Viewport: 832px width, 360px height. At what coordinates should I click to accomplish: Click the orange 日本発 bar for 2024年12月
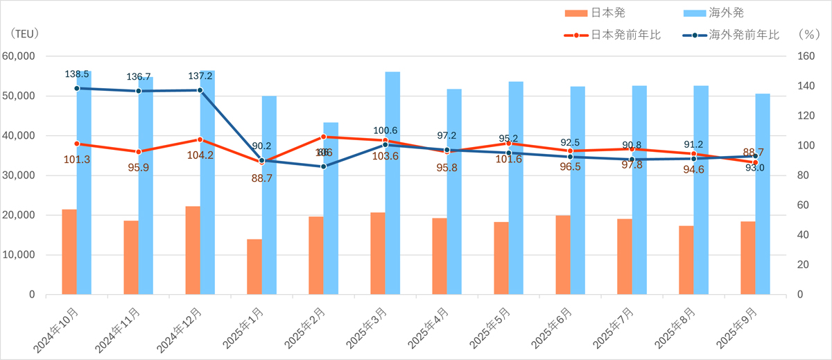pyautogui.click(x=193, y=250)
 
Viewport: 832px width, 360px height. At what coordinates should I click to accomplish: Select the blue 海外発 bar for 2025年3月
pyautogui.click(x=392, y=183)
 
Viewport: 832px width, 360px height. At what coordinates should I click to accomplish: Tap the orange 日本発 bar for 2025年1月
pyautogui.click(x=254, y=267)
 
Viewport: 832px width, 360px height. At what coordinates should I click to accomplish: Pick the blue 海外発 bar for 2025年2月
pyautogui.click(x=331, y=208)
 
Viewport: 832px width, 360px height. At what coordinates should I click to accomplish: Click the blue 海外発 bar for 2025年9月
pyautogui.click(x=763, y=194)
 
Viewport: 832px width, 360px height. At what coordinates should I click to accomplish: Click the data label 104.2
pyautogui.click(x=200, y=155)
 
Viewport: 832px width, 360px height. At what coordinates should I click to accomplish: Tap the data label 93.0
pyautogui.click(x=755, y=167)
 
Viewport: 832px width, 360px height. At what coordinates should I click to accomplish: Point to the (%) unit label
pyautogui.click(x=808, y=33)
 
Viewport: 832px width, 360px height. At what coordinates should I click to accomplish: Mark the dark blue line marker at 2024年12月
pyautogui.click(x=200, y=90)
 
